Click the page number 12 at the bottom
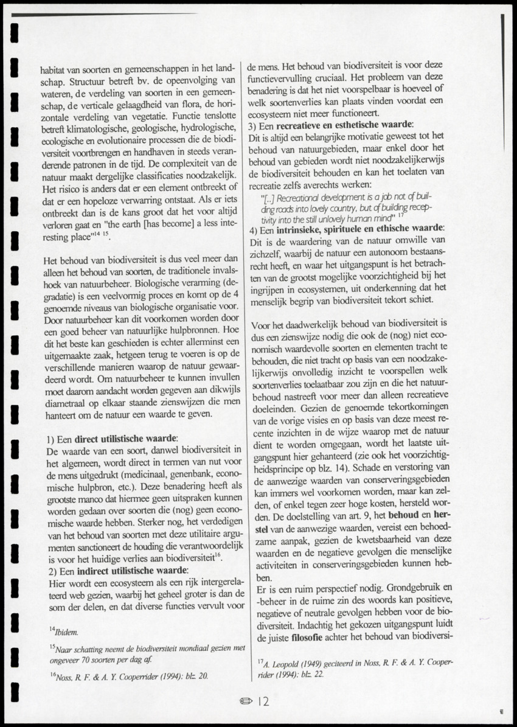click(263, 701)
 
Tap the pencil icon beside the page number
click(247, 701)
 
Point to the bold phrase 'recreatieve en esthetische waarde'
click(344, 125)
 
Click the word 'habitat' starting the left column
click(52, 69)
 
